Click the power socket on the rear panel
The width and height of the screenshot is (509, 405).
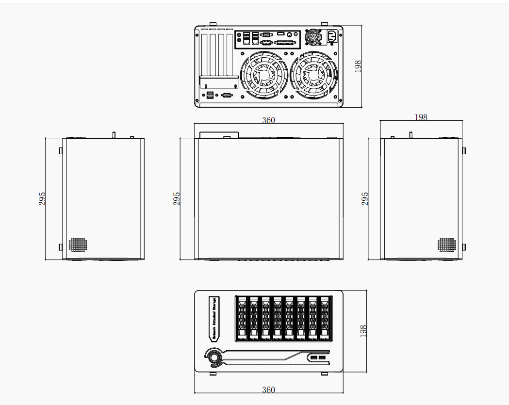[x=332, y=35]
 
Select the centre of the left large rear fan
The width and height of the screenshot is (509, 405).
[x=265, y=75]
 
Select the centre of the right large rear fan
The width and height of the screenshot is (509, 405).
[x=313, y=75]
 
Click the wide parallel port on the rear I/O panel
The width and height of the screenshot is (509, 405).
[x=285, y=43]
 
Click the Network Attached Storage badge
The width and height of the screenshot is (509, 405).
[x=213, y=318]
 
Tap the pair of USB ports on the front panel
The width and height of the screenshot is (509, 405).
[x=318, y=358]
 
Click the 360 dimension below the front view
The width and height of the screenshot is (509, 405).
[x=268, y=390]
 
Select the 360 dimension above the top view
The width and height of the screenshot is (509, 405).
[x=268, y=120]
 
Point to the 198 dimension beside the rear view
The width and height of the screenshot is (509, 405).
[x=358, y=66]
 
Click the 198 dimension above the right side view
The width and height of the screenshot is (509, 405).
[x=421, y=117]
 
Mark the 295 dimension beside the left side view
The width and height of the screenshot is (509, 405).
[x=42, y=198]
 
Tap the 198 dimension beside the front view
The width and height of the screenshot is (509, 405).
[x=363, y=331]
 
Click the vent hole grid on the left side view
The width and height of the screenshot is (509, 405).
[x=77, y=245]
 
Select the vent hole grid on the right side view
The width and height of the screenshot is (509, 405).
[x=447, y=245]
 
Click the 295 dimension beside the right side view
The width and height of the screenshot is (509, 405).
[x=365, y=198]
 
